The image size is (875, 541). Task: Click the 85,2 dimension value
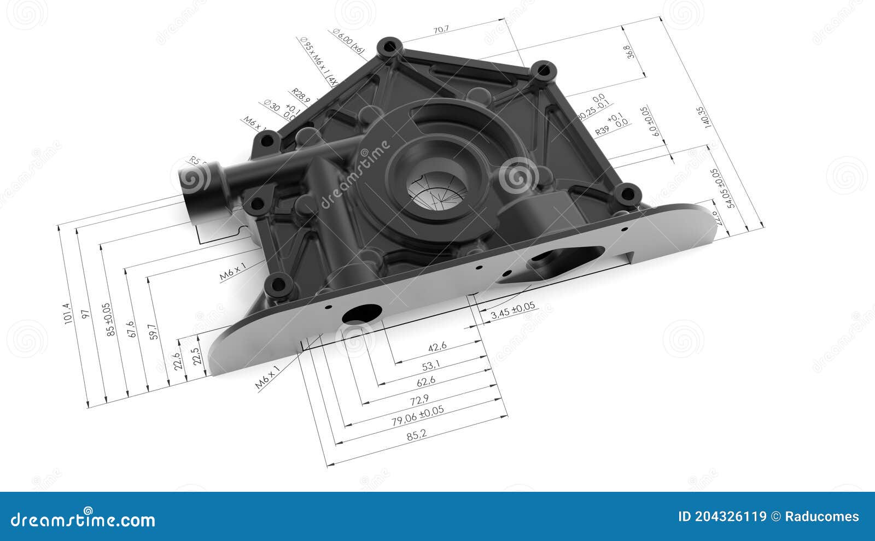pyautogui.click(x=417, y=435)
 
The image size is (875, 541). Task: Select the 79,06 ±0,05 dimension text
pyautogui.click(x=418, y=415)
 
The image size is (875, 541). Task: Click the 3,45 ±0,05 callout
pyautogui.click(x=513, y=310)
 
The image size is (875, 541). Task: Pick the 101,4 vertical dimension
pyautogui.click(x=67, y=314)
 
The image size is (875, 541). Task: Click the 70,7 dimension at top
pyautogui.click(x=441, y=30)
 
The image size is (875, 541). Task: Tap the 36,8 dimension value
pyautogui.click(x=630, y=52)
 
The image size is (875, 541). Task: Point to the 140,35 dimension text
pyautogui.click(x=702, y=117)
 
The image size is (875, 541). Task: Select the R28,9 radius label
pyautogui.click(x=300, y=96)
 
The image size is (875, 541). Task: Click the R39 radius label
pyautogui.click(x=602, y=131)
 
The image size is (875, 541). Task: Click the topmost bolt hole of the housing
pyautogui.click(x=389, y=47)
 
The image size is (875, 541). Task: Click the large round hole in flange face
pyautogui.click(x=361, y=314)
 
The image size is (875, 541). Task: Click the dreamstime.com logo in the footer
pyautogui.click(x=83, y=519)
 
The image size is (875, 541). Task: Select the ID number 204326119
pyautogui.click(x=722, y=516)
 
